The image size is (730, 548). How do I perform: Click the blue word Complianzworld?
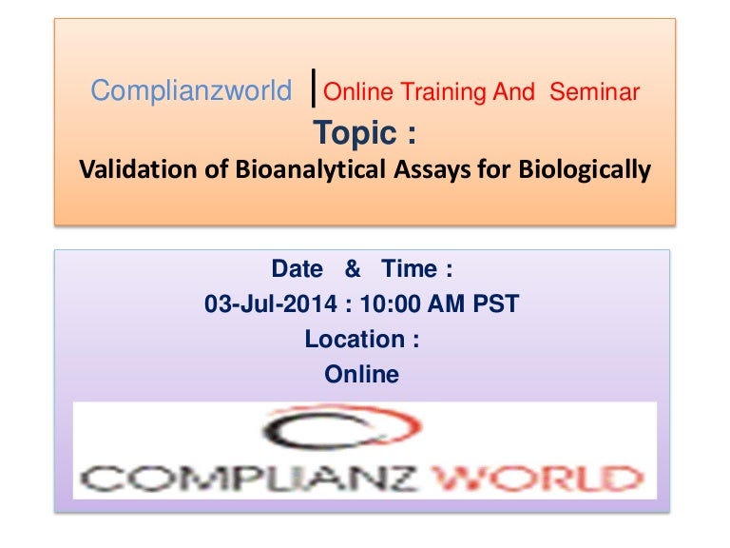[x=191, y=91]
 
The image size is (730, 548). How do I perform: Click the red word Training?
[x=445, y=92]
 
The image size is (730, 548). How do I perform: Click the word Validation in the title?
[x=129, y=170]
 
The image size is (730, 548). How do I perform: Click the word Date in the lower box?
[x=297, y=269]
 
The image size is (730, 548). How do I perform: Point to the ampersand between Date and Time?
[x=353, y=269]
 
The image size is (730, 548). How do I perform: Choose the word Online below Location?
[x=362, y=375]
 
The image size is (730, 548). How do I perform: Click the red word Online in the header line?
[x=357, y=92]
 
